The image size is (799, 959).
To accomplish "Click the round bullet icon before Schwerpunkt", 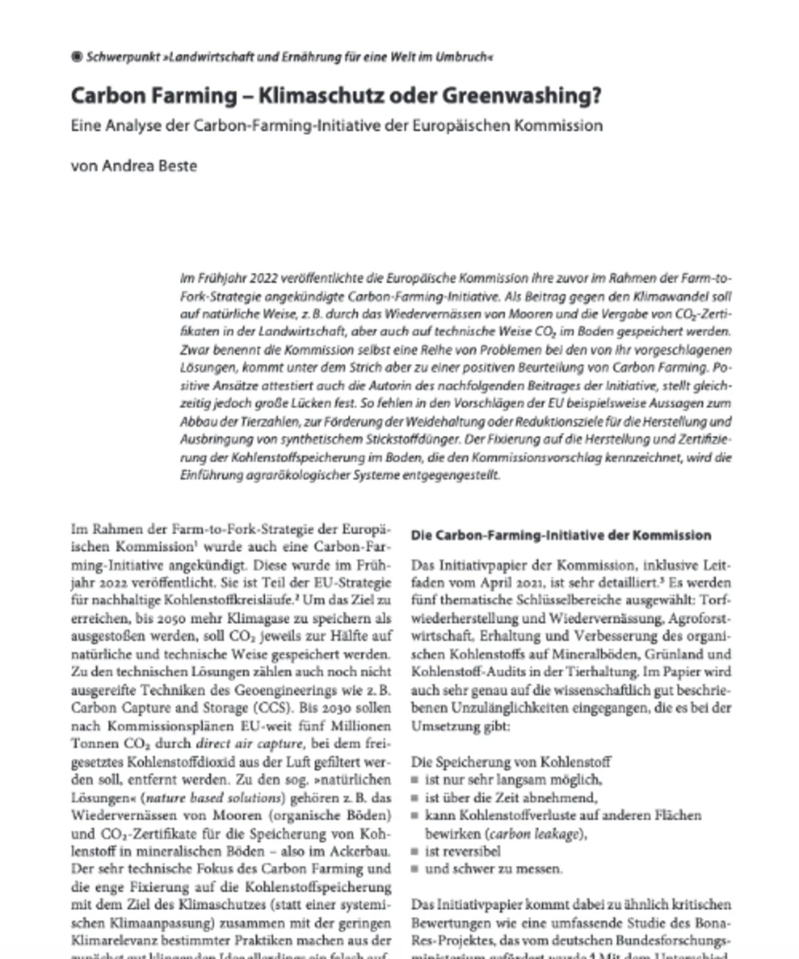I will (x=77, y=58).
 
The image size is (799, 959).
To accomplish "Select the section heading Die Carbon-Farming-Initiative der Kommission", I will (x=561, y=535).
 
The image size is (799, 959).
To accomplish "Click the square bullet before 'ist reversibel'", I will (x=415, y=851).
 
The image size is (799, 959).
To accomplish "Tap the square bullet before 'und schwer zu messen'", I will (x=415, y=869).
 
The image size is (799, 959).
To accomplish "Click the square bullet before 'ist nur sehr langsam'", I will (x=415, y=780).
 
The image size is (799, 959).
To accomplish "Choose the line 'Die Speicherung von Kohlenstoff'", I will (x=511, y=762).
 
